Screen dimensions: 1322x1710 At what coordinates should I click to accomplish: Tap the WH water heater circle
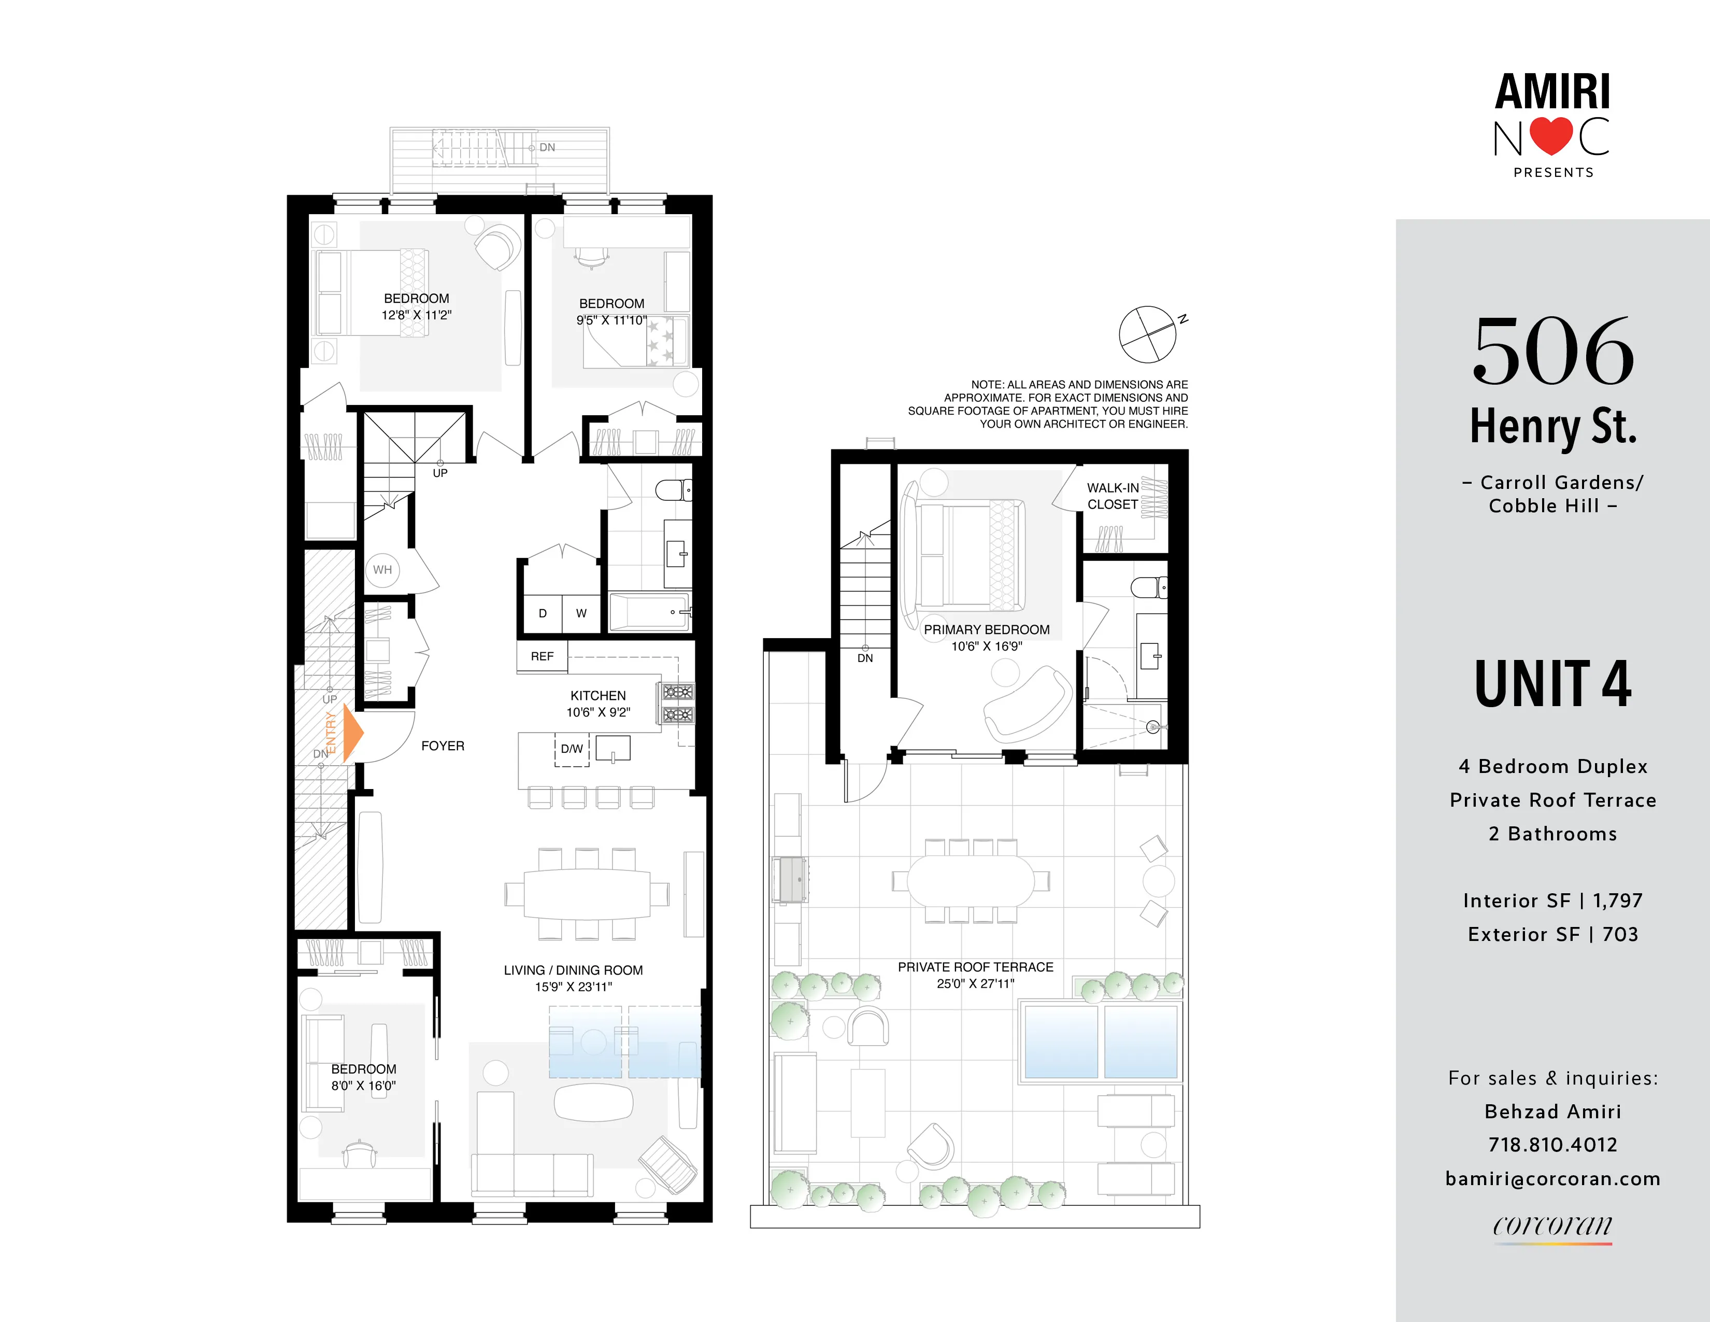382,569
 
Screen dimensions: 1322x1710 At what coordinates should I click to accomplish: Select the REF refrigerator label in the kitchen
542,656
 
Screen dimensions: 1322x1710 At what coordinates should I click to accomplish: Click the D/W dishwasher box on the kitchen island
572,750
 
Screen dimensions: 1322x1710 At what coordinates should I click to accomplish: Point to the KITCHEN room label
597,695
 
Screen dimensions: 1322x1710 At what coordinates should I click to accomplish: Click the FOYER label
443,746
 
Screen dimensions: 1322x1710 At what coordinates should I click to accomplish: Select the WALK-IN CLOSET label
1112,496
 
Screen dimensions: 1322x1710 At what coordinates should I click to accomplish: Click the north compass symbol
1148,334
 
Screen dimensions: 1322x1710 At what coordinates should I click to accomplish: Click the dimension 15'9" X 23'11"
573,987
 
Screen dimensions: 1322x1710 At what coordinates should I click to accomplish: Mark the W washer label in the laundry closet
581,613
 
